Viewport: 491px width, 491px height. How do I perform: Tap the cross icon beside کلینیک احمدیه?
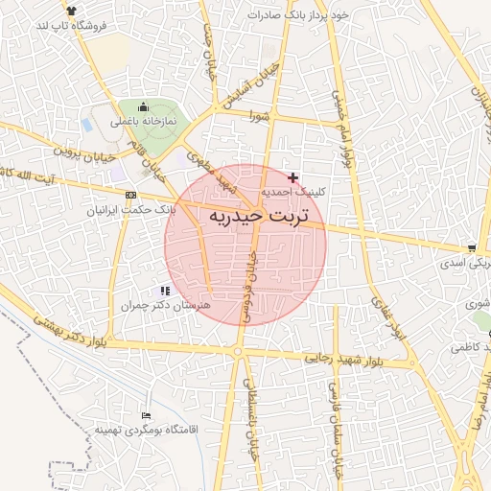point(292,177)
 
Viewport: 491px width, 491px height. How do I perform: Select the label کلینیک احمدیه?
point(294,192)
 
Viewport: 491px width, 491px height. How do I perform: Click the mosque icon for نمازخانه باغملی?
point(144,106)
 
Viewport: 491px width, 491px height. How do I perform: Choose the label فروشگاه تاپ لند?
point(68,25)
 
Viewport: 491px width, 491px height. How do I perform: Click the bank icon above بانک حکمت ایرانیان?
point(130,195)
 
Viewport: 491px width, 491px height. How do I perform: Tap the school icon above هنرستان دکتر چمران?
point(165,290)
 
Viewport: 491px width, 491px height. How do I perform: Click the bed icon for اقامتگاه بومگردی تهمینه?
point(145,414)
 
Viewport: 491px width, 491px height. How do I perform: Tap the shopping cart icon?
point(470,247)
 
